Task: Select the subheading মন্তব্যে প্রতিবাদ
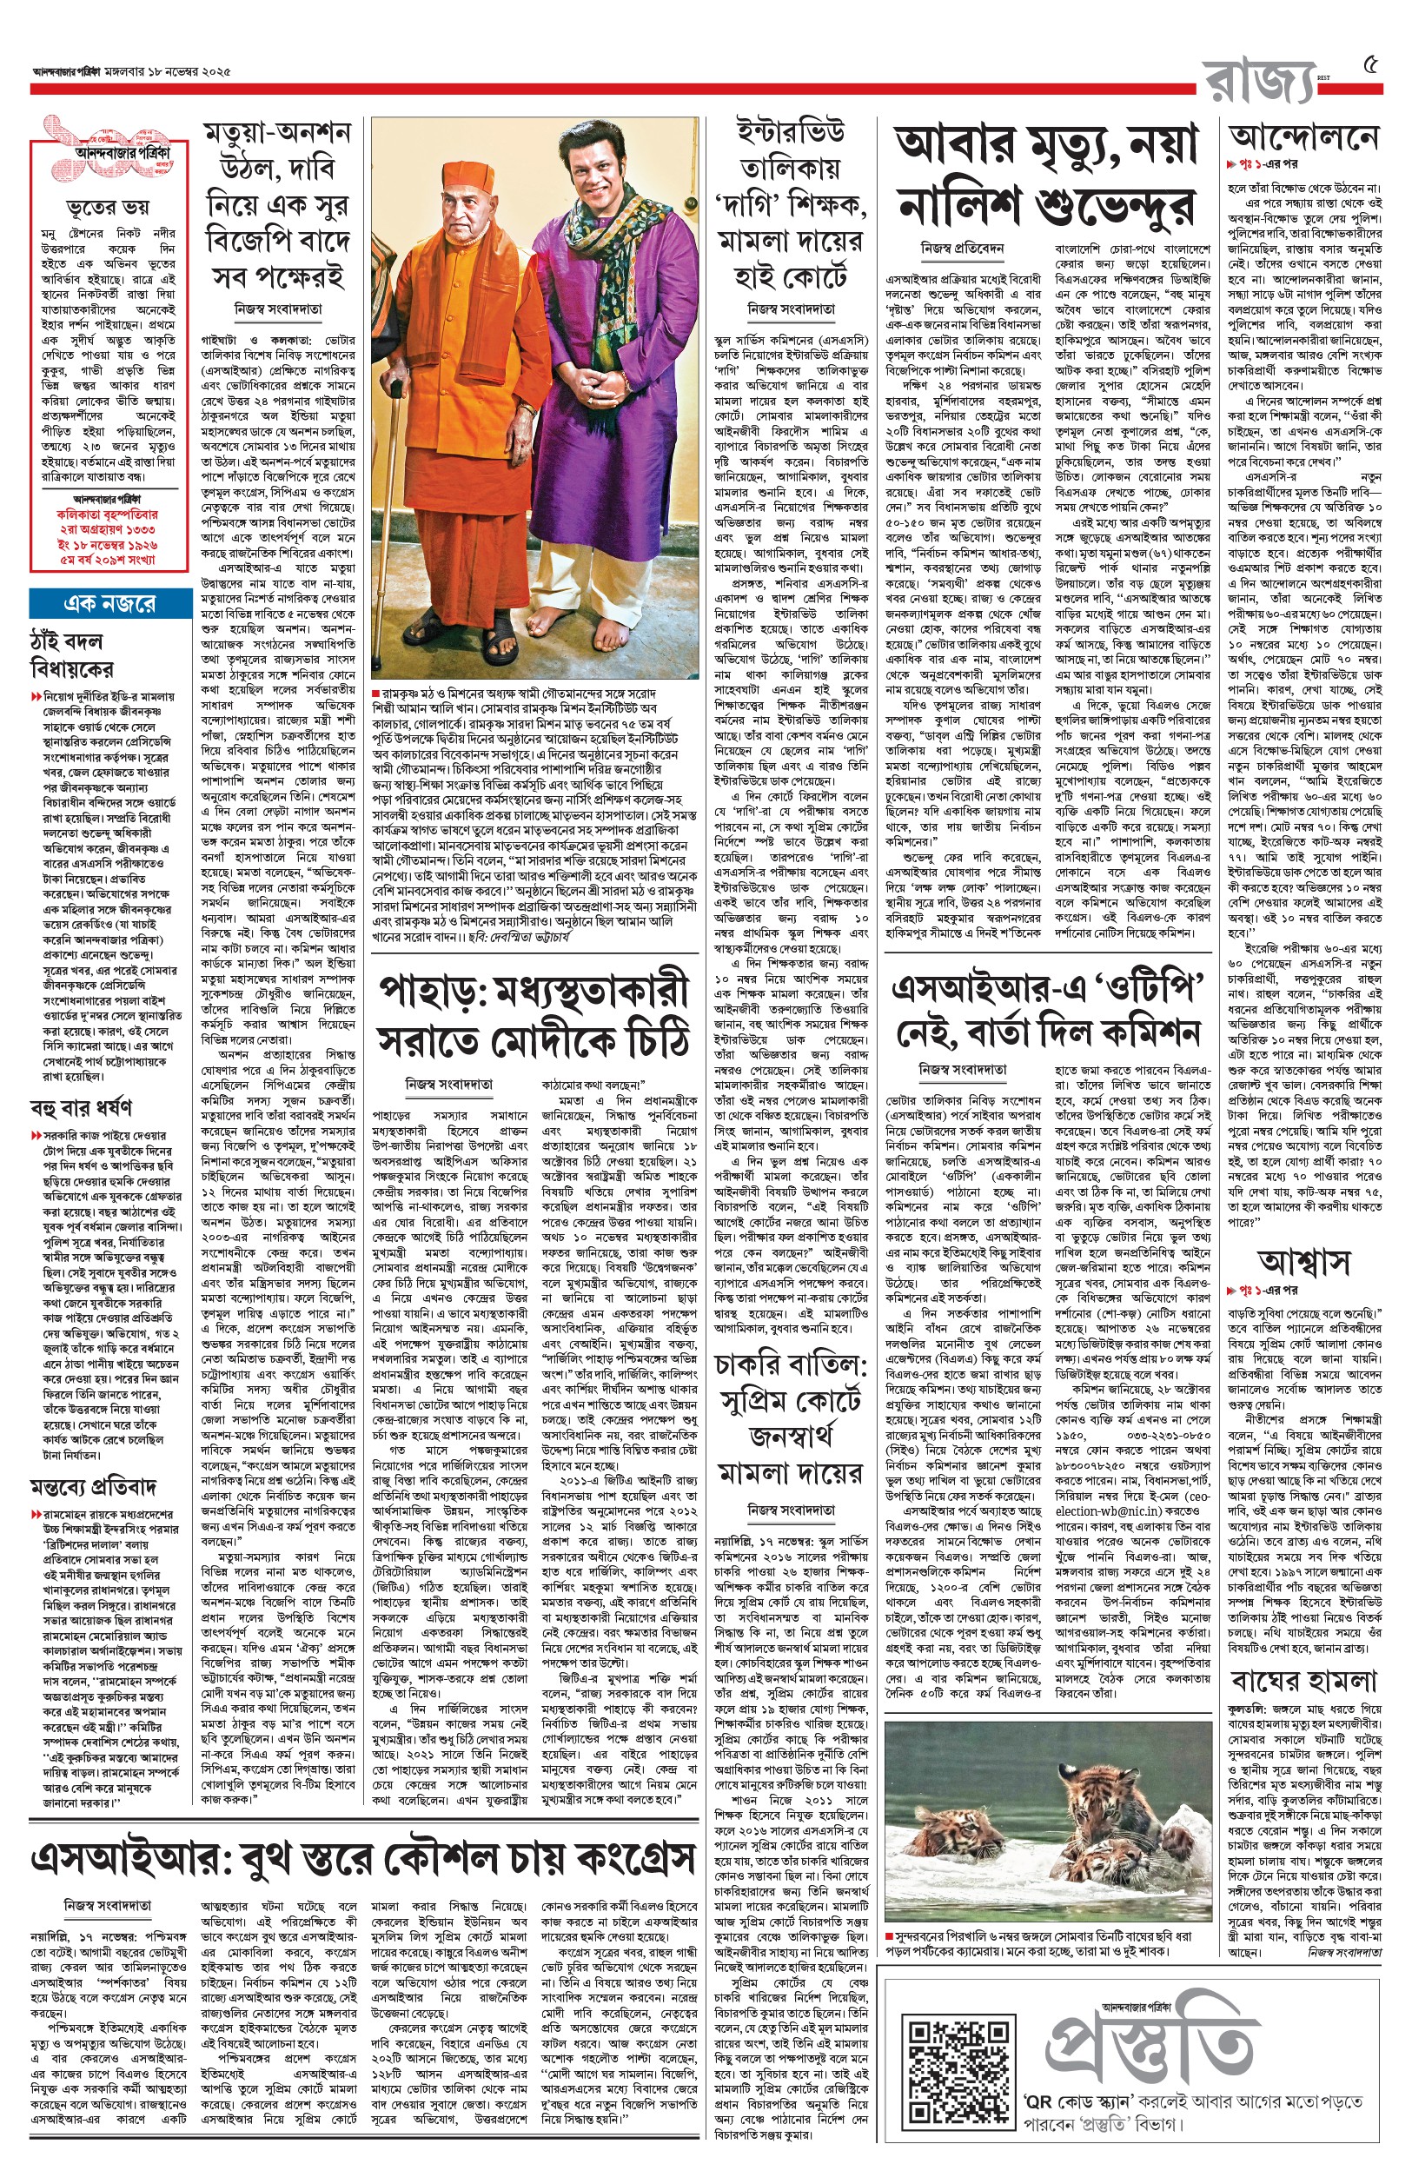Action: coord(94,1484)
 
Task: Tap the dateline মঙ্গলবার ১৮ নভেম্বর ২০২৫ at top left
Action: coord(168,70)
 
